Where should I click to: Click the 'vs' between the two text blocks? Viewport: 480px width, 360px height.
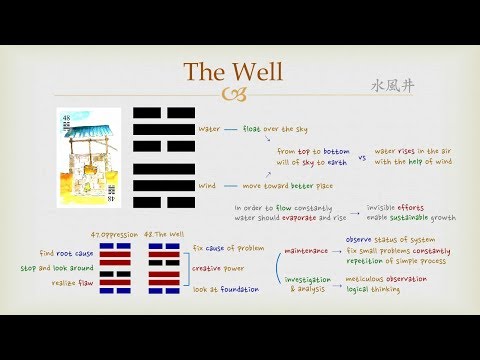tap(361, 157)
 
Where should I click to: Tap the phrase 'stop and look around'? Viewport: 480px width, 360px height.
tap(57, 268)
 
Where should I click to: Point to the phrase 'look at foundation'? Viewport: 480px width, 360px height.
tap(227, 289)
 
